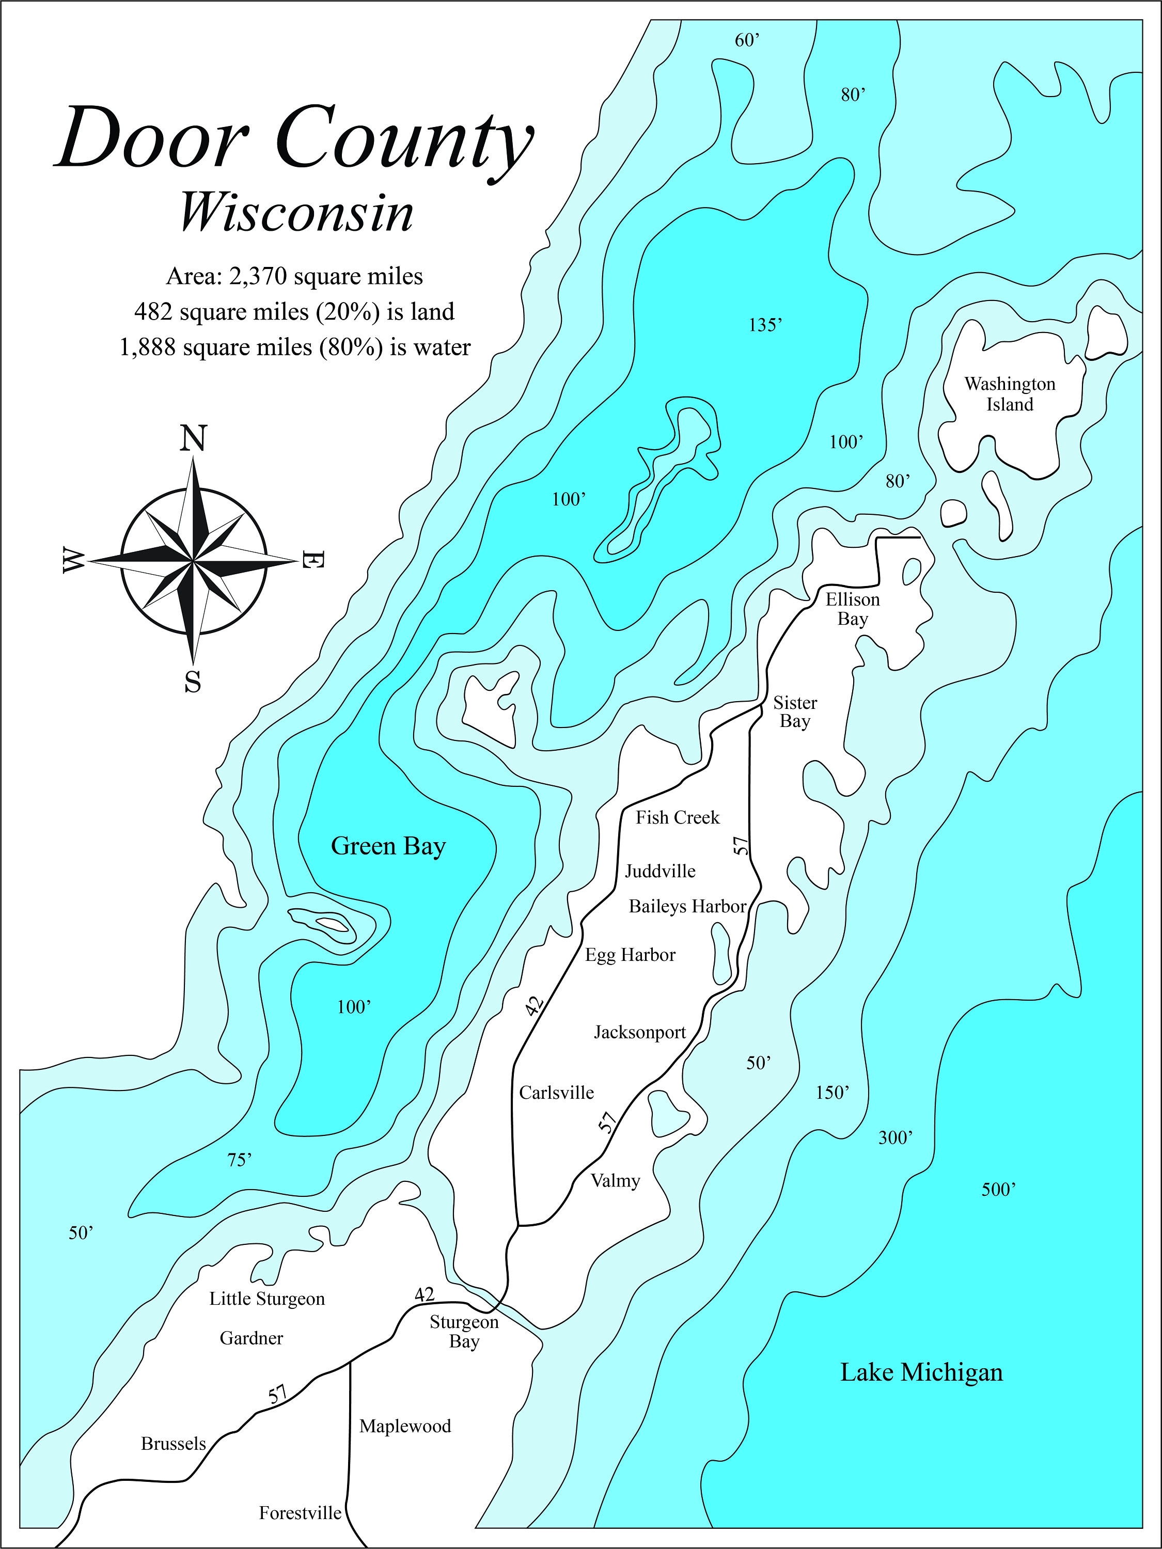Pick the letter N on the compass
193,438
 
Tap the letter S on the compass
193,680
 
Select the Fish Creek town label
677,817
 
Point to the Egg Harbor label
631,955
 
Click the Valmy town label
615,1181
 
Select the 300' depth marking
895,1138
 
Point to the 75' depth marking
239,1160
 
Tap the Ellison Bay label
853,609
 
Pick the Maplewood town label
405,1427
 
